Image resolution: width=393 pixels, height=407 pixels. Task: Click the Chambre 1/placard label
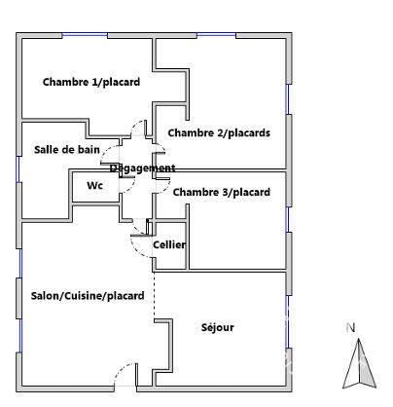point(91,82)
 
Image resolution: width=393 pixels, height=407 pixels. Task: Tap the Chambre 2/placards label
point(219,132)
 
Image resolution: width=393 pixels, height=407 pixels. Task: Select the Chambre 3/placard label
point(222,192)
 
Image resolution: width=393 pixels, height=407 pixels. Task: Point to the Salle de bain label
point(67,150)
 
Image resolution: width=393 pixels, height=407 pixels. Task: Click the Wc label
point(94,185)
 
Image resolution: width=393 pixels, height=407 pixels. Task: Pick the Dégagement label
point(143,168)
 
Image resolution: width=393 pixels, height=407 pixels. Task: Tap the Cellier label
point(169,244)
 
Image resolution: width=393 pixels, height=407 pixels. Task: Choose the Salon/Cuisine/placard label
point(88,296)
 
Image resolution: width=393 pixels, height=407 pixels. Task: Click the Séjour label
point(218,327)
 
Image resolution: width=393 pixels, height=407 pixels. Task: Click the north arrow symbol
point(359,363)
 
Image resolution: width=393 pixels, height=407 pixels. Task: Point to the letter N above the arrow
point(350,328)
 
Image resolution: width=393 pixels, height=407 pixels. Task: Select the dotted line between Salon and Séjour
point(154,295)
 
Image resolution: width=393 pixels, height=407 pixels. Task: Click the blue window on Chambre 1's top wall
point(85,34)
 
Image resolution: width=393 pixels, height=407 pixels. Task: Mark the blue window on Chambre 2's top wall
point(216,34)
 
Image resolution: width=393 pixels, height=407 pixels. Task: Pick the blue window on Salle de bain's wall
point(18,169)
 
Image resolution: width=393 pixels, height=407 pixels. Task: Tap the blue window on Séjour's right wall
point(287,322)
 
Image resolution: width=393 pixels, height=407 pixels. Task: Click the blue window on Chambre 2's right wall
point(287,99)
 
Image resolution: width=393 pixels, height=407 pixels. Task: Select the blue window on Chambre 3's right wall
point(287,219)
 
